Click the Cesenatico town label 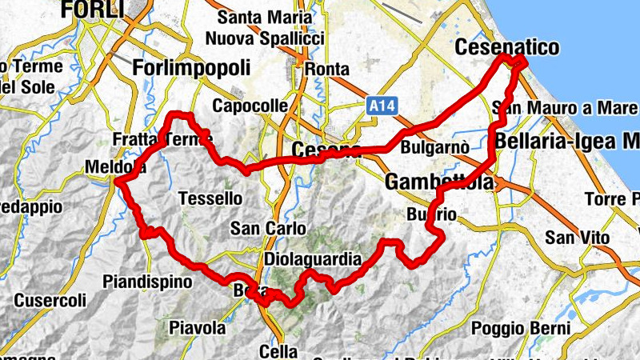(x=506, y=48)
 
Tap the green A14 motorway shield (x=379, y=105)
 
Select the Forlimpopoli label (x=192, y=66)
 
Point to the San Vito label (x=577, y=238)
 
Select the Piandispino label (x=148, y=282)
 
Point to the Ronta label (x=324, y=68)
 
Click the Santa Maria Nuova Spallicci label (x=264, y=27)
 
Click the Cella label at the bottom (x=279, y=350)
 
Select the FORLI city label (x=94, y=10)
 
